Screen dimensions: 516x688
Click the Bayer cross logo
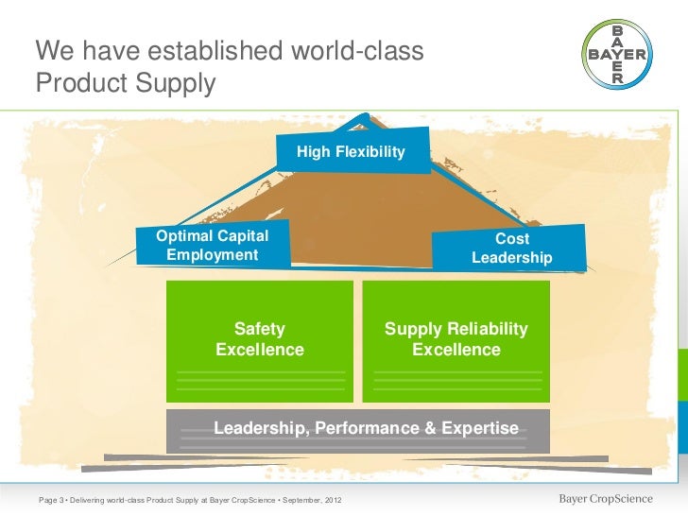(x=617, y=55)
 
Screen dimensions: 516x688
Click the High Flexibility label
(x=351, y=152)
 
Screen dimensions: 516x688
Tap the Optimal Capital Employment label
(x=212, y=246)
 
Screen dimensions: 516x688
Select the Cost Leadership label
(x=512, y=249)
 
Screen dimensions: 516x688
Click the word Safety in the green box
(x=260, y=329)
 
